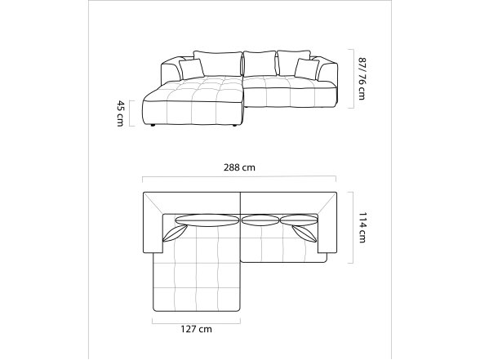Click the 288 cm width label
(x=239, y=167)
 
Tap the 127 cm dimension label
(x=196, y=329)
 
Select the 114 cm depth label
(x=362, y=228)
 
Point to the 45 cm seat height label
(x=121, y=113)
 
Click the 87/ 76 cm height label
(x=362, y=78)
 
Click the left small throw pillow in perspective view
(x=192, y=69)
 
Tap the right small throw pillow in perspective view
(x=307, y=69)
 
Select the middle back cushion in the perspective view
(x=260, y=64)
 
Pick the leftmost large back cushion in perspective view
(x=218, y=64)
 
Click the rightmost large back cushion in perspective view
(x=294, y=63)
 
